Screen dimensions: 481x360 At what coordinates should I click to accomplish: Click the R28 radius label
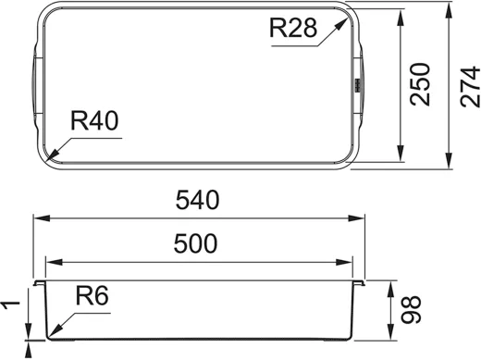pos(293,28)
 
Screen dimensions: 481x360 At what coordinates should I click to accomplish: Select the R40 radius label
pos(94,120)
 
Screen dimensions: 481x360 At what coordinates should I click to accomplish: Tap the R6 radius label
pos(92,295)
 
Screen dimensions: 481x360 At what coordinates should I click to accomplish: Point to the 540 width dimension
pos(197,200)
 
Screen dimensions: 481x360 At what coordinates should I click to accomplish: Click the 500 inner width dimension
pos(195,243)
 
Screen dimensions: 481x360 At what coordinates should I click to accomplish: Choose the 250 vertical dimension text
pos(420,84)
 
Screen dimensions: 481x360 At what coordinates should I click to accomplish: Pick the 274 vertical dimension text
pos(470,87)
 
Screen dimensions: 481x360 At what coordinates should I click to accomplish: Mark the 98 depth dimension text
pos(411,309)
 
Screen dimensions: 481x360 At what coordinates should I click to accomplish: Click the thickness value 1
pos(10,305)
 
